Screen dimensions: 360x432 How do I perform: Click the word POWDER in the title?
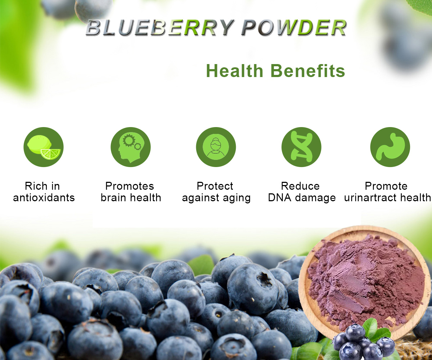[293, 28]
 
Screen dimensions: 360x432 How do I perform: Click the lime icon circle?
[43, 147]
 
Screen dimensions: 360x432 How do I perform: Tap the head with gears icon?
[130, 147]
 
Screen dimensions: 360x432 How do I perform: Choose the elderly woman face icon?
[216, 147]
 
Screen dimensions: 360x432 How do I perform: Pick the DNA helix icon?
[301, 147]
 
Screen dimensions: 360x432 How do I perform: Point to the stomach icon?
[390, 147]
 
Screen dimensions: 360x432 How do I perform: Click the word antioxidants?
[44, 198]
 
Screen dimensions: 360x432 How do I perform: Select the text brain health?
[131, 198]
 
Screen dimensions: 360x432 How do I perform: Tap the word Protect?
[215, 186]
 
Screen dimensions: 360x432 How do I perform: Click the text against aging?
[216, 198]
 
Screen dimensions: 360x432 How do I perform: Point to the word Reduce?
[300, 186]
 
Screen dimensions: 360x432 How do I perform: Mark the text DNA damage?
[302, 198]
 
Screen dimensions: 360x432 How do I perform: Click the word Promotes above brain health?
[130, 186]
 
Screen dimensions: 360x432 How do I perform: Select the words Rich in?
[42, 186]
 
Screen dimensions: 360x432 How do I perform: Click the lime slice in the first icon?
[51, 154]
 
